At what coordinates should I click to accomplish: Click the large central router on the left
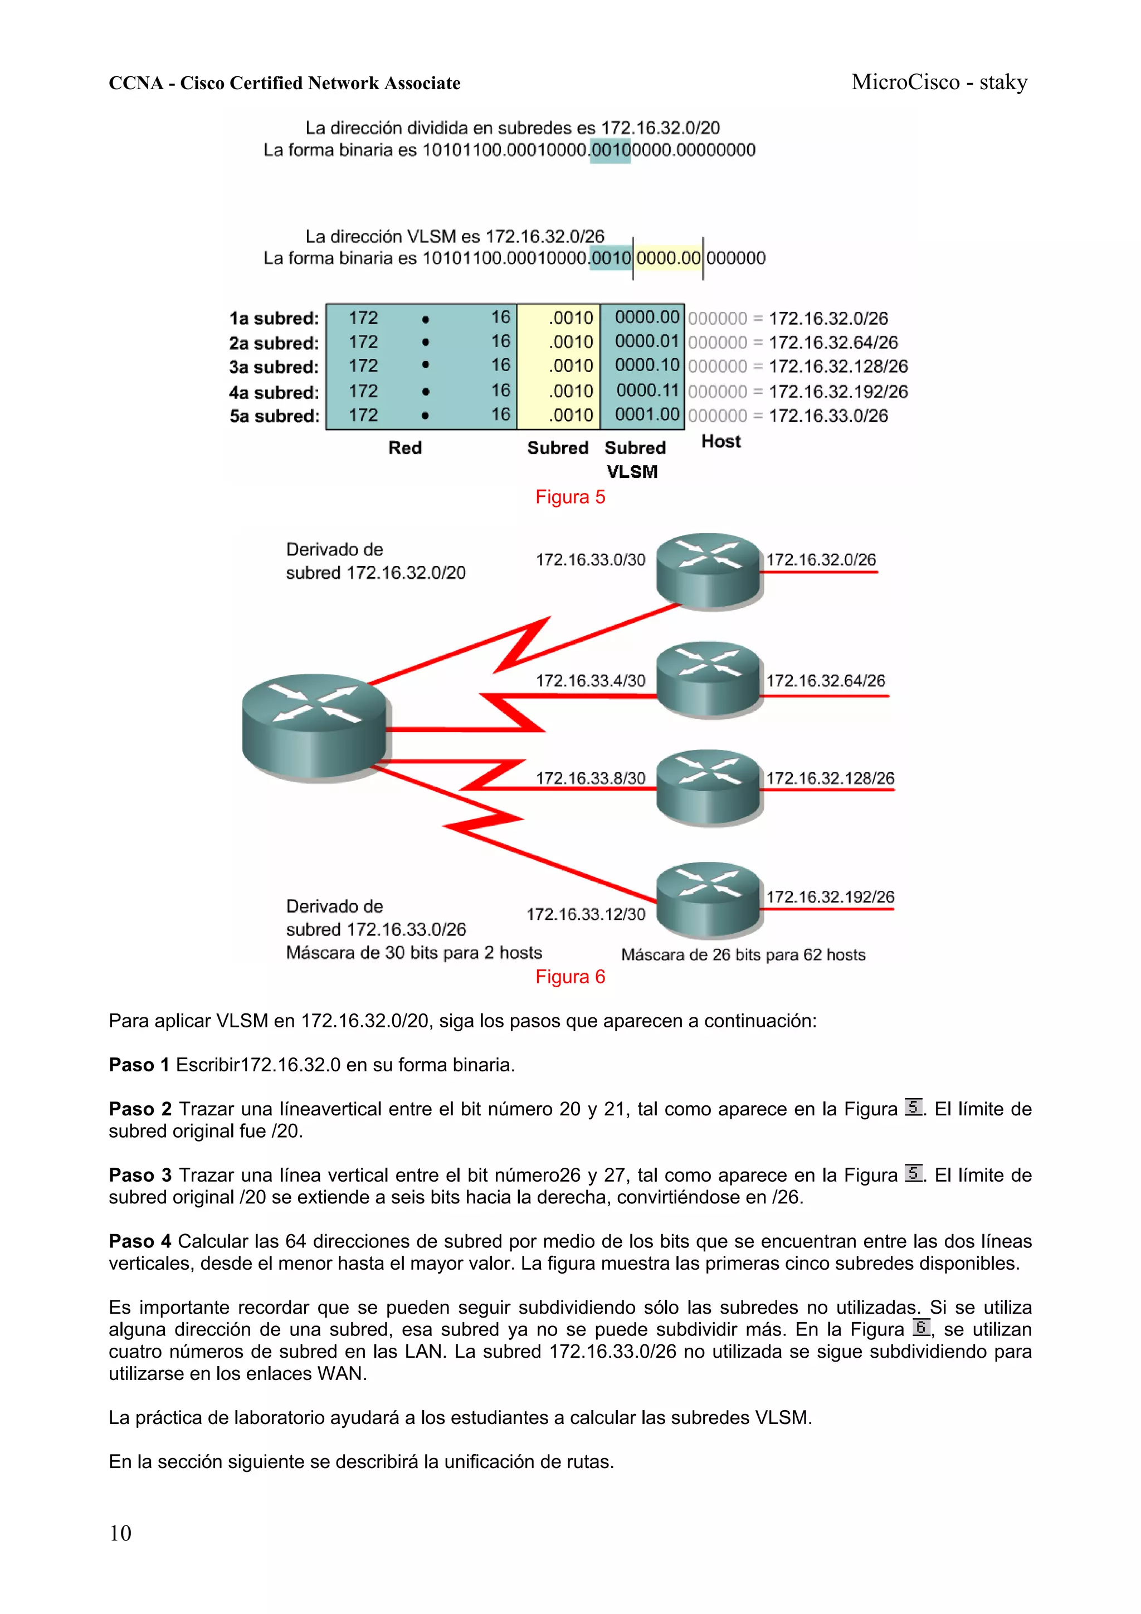314,727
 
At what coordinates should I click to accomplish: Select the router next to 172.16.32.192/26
709,900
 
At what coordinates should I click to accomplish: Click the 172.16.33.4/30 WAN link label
591,680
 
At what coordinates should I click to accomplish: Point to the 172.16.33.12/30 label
586,914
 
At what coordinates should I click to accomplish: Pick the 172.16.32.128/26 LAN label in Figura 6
830,778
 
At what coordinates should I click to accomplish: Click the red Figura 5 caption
570,497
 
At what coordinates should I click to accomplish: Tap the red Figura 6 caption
570,977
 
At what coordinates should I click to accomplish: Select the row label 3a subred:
274,367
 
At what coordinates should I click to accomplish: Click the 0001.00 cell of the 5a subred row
647,415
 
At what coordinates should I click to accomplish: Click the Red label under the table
405,448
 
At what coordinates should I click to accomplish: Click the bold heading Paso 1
139,1065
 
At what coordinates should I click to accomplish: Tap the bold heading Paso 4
139,1241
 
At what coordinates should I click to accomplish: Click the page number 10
120,1533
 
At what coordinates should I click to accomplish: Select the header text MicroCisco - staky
939,82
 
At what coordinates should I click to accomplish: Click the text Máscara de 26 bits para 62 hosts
743,954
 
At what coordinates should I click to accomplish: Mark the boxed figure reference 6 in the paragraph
921,1327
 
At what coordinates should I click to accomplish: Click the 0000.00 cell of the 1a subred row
647,318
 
